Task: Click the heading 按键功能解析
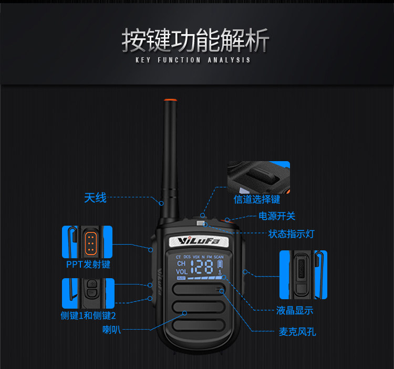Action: point(195,41)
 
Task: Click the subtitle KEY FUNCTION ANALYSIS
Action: point(193,60)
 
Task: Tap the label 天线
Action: point(95,198)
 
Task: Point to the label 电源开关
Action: point(277,216)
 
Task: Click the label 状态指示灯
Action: point(292,234)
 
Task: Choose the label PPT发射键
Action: point(88,264)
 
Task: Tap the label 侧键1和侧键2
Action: point(88,315)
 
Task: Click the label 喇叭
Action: point(111,330)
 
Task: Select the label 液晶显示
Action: point(295,311)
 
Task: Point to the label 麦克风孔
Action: point(297,332)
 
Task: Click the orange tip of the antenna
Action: point(169,100)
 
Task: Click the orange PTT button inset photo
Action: point(88,242)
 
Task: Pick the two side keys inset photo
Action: point(88,293)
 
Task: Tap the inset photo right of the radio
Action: point(303,275)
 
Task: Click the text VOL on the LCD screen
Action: point(181,272)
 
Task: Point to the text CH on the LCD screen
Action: point(181,263)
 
